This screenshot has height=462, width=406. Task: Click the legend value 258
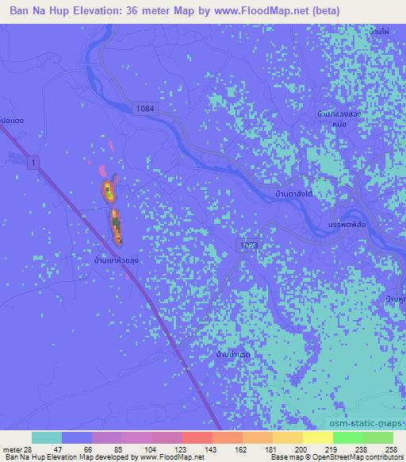pos(392,449)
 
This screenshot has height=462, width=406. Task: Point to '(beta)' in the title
pos(325,11)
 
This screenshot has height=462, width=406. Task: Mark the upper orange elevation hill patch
pos(106,191)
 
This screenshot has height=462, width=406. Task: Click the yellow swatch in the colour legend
pos(317,437)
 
